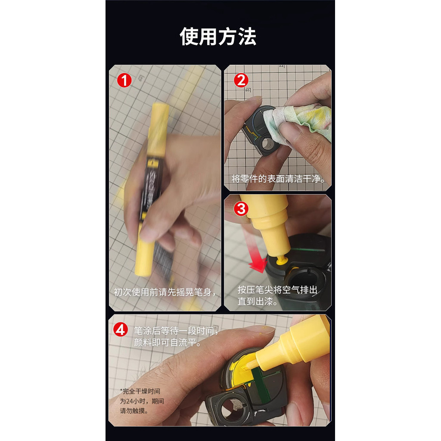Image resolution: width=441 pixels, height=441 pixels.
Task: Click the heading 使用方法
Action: pyautogui.click(x=218, y=37)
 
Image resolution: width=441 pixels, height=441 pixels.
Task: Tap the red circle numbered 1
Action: pyautogui.click(x=124, y=81)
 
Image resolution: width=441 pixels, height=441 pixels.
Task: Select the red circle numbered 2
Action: pyautogui.click(x=241, y=81)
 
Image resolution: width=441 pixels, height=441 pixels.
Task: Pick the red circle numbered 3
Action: pyautogui.click(x=241, y=209)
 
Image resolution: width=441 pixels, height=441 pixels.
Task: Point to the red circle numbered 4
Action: pyautogui.click(x=121, y=329)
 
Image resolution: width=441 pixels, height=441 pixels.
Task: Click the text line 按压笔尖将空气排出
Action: pyautogui.click(x=277, y=290)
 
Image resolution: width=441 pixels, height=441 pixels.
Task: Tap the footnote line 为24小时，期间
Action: pyautogui.click(x=142, y=401)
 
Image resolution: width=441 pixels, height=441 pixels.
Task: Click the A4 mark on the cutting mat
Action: pyautogui.click(x=282, y=66)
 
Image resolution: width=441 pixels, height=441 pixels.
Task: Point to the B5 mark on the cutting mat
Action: pyautogui.click(x=248, y=90)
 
